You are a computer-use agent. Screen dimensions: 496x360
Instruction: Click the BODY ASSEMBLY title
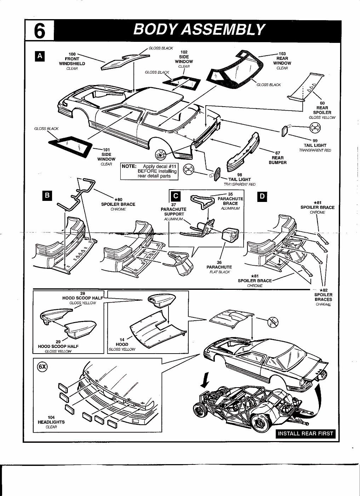click(x=199, y=30)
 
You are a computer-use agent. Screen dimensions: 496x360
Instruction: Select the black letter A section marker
click(x=40, y=56)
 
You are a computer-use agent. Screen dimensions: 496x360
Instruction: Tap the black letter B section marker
click(x=47, y=196)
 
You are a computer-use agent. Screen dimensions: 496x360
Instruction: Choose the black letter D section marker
click(x=262, y=196)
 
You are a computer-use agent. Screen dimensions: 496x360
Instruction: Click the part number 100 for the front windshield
click(x=72, y=54)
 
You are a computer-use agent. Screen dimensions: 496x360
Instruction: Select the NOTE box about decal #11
click(x=149, y=171)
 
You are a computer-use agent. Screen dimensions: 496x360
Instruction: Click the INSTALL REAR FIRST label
click(x=305, y=433)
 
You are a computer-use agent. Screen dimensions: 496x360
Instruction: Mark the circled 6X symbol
click(x=42, y=367)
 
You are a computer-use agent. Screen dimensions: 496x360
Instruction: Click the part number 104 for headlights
click(x=51, y=417)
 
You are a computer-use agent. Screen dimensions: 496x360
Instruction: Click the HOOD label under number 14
click(x=122, y=344)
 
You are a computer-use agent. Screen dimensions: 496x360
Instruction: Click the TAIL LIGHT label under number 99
click(x=315, y=145)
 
